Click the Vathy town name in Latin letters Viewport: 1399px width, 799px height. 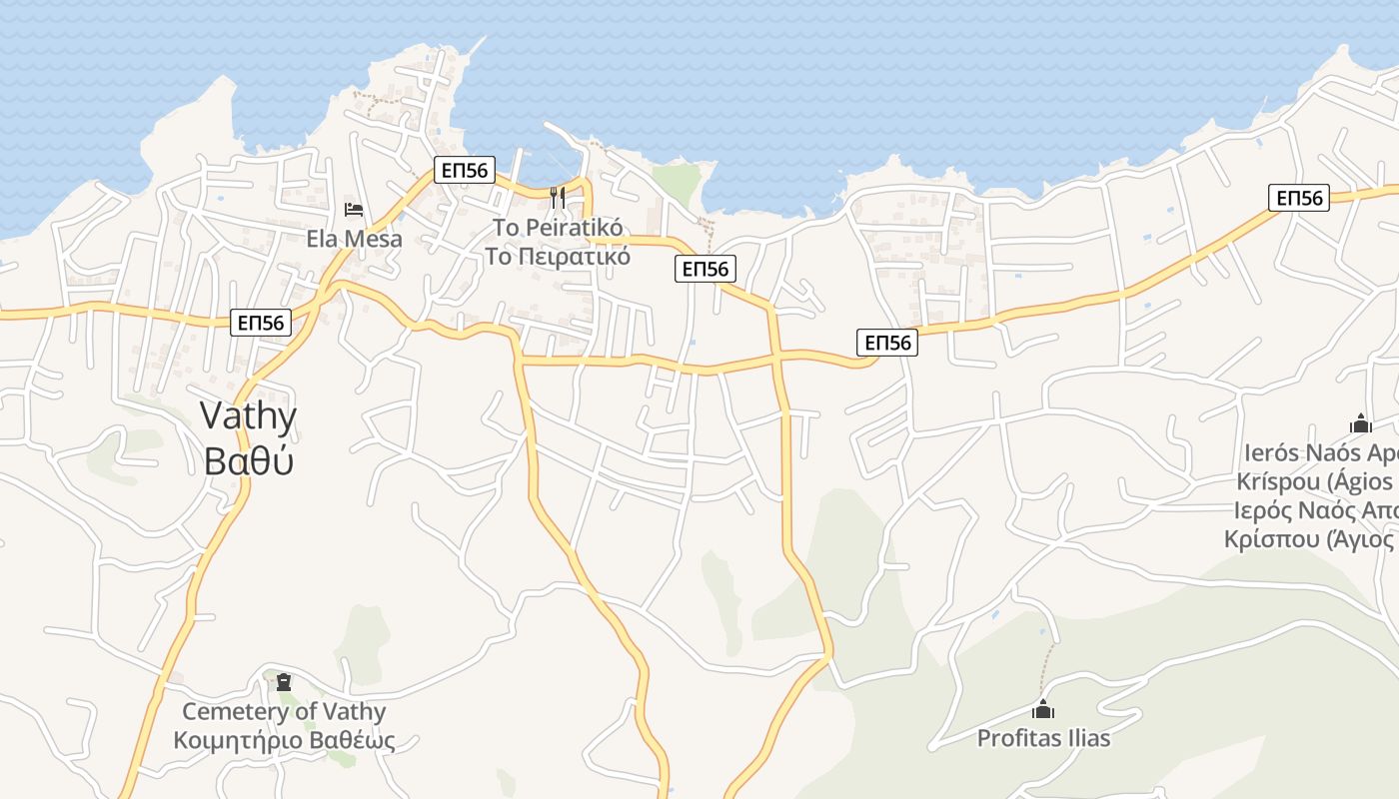tap(248, 415)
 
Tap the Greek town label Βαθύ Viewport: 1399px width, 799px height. tap(248, 460)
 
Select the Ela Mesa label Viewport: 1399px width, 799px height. tap(354, 239)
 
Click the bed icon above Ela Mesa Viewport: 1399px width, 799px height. tap(354, 210)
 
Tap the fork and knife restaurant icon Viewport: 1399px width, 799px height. tap(558, 198)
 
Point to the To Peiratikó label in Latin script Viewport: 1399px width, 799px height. tap(558, 228)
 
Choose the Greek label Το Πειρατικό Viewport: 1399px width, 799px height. tap(558, 256)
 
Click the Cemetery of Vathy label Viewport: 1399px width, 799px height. tap(284, 712)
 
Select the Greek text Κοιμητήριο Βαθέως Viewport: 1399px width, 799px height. tap(284, 740)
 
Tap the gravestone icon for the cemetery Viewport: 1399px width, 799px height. tap(284, 682)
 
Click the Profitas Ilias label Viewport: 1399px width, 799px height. tap(1043, 739)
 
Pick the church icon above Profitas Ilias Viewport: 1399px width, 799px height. tap(1043, 710)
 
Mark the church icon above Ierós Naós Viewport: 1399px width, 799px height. tap(1360, 423)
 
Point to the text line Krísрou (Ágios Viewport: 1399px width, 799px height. tap(1315, 481)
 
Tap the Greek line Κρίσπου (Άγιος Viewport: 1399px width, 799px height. tap(1310, 539)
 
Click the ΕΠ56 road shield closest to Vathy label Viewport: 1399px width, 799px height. tap(261, 323)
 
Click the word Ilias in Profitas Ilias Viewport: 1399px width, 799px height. tap(1087, 739)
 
